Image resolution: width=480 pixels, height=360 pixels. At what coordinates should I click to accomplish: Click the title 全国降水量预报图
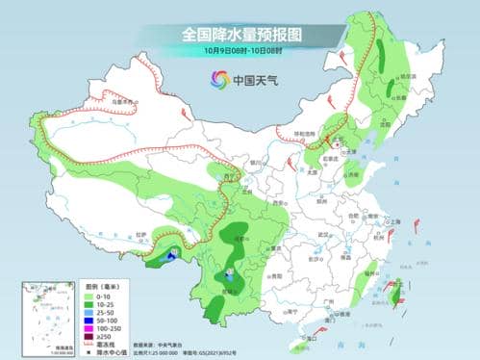240,34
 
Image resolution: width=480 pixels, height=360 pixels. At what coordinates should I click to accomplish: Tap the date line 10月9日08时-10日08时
240,51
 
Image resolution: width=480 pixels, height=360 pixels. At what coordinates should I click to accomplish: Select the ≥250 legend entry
78,333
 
